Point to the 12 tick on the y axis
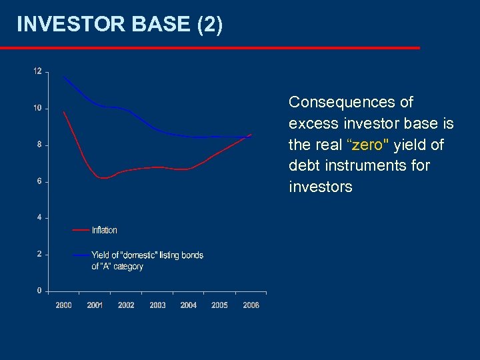[x=37, y=71]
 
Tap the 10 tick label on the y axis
[x=37, y=108]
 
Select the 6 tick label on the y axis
[x=39, y=181]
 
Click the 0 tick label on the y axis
[x=39, y=291]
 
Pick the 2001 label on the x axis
[x=95, y=305]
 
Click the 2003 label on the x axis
[x=157, y=305]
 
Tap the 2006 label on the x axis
[x=251, y=305]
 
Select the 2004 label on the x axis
[x=189, y=305]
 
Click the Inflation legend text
[x=104, y=230]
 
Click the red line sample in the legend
[x=81, y=230]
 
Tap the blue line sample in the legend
[x=81, y=255]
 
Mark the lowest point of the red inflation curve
[x=102, y=178]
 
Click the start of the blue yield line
[x=64, y=77]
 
